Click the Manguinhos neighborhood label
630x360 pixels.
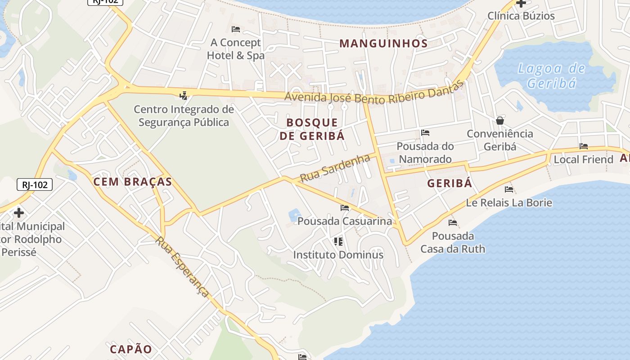pyautogui.click(x=383, y=44)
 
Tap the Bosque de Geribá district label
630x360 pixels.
pyautogui.click(x=312, y=129)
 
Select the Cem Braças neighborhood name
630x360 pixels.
pyautogui.click(x=132, y=182)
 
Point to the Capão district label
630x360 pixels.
pyautogui.click(x=131, y=349)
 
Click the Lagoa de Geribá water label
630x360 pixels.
pyautogui.click(x=551, y=76)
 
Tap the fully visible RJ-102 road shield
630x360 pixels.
pyautogui.click(x=35, y=184)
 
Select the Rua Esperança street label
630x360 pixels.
pyautogui.click(x=182, y=267)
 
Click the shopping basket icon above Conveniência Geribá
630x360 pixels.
pyautogui.click(x=499, y=121)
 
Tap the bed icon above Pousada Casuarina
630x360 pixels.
pyautogui.click(x=345, y=208)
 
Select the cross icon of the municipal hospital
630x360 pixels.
pyautogui.click(x=19, y=212)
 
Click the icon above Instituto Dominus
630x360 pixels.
pyautogui.click(x=338, y=242)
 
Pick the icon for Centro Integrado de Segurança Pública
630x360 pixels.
pyautogui.click(x=183, y=95)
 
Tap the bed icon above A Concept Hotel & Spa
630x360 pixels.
pyautogui.click(x=235, y=29)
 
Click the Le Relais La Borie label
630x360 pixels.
pyautogui.click(x=509, y=202)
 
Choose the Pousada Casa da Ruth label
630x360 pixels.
pyautogui.click(x=453, y=242)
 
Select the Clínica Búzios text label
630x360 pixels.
pyautogui.click(x=521, y=16)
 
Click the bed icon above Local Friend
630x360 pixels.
pyautogui.click(x=584, y=146)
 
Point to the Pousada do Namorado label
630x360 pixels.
pyautogui.click(x=425, y=153)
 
